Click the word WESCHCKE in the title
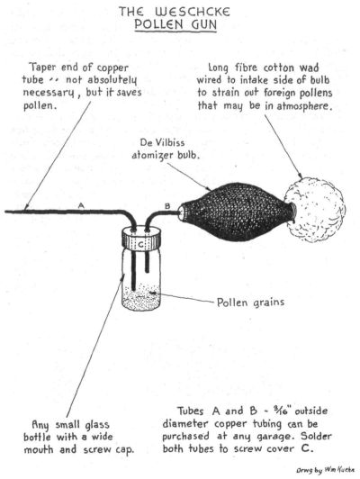[x=193, y=12]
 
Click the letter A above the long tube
[x=81, y=205]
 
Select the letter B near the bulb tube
[x=167, y=206]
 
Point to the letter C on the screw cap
[x=141, y=244]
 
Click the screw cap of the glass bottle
[x=141, y=238]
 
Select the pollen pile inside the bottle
[x=141, y=297]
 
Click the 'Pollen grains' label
[x=250, y=303]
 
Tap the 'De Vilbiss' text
[x=162, y=142]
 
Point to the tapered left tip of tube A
[x=5, y=211]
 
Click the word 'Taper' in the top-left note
[x=43, y=68]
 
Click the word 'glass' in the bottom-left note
[x=97, y=425]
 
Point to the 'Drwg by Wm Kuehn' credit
[x=325, y=469]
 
